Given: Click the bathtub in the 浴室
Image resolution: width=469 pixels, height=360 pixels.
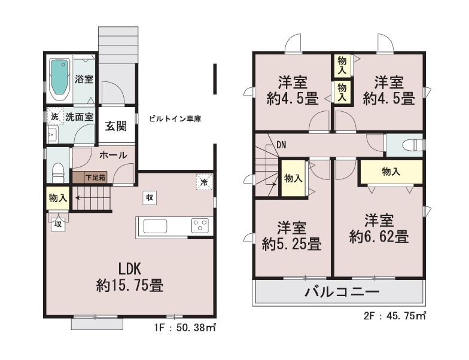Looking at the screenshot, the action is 60,79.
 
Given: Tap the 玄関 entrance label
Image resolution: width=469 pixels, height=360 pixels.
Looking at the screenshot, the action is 116,126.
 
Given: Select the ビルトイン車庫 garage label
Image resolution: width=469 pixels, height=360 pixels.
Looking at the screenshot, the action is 175,118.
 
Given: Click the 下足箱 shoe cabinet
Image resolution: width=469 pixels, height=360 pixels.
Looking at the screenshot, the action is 90,177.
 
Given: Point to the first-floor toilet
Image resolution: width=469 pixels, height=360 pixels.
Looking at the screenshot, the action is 59,172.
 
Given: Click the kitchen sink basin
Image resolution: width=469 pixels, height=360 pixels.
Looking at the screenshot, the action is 155,226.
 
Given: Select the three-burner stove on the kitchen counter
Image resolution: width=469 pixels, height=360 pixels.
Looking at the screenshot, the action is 200,226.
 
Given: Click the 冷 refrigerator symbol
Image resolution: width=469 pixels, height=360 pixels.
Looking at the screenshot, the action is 205,182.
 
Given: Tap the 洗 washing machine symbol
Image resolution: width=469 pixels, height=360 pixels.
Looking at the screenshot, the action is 55,116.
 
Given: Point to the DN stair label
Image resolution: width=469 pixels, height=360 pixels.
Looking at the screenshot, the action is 281,145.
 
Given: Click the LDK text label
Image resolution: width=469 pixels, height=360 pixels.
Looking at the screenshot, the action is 130,269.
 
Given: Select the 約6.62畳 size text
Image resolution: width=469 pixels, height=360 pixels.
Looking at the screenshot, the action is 379,237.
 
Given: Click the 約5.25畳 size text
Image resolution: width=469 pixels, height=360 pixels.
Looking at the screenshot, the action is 292,244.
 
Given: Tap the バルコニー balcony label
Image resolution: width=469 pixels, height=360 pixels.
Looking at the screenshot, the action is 342,292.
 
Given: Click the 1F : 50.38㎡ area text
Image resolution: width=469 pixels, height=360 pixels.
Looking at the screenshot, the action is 185,328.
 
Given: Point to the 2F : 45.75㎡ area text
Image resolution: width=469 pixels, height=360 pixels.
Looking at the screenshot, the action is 395,316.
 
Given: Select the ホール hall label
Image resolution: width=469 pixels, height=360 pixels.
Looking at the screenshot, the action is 113,155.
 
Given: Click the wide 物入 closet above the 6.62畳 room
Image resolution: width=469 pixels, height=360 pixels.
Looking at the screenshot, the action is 391,172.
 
